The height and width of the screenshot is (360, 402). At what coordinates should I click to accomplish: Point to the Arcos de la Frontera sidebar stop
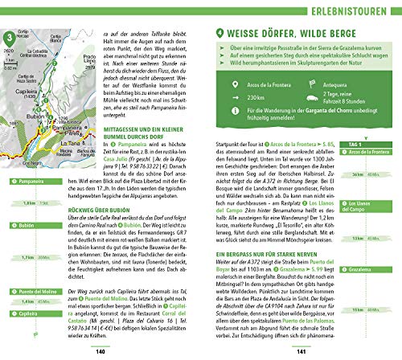(x=369, y=153)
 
